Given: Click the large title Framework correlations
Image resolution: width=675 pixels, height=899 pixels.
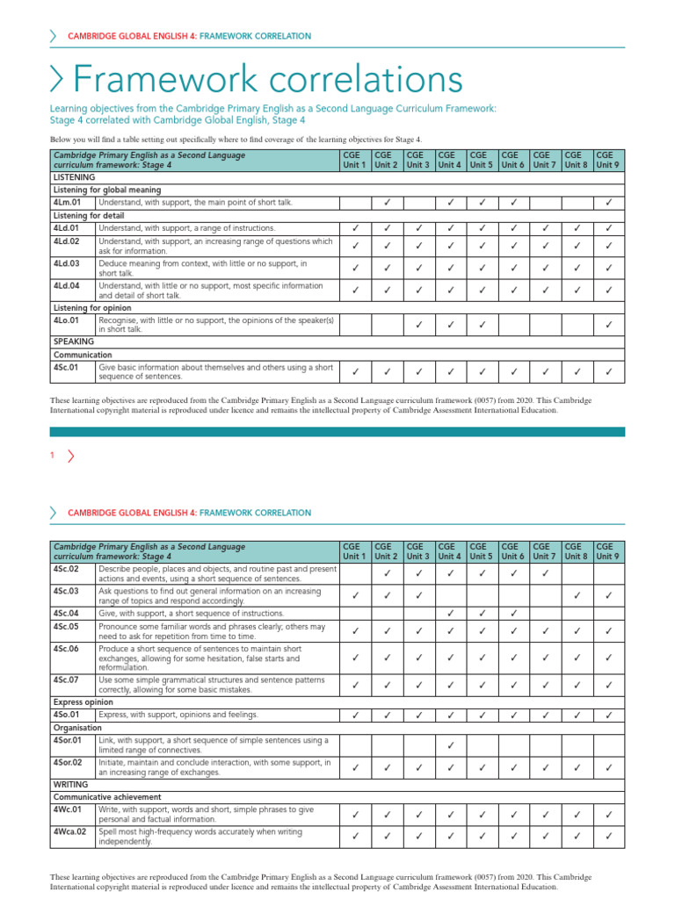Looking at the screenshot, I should point(268,80).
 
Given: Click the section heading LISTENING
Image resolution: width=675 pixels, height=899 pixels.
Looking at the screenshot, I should point(74,177).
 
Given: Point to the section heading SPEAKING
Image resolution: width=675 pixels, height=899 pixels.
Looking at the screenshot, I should point(73,342).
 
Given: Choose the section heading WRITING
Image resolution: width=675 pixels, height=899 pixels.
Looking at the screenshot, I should point(69,783).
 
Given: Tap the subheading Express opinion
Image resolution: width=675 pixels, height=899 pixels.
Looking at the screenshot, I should point(83,702).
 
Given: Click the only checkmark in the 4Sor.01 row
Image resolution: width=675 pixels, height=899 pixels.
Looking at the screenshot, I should point(450,745).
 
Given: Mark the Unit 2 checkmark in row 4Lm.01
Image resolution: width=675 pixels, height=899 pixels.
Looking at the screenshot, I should point(387,204).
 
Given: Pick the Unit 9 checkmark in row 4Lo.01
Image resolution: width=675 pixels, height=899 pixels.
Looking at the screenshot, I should point(609,326).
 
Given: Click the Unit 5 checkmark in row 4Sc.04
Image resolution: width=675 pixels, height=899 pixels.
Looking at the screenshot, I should point(482,613).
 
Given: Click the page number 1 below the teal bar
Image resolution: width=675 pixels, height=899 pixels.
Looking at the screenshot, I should point(53,455).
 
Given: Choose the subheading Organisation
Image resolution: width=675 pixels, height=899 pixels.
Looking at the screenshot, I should point(77,728).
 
